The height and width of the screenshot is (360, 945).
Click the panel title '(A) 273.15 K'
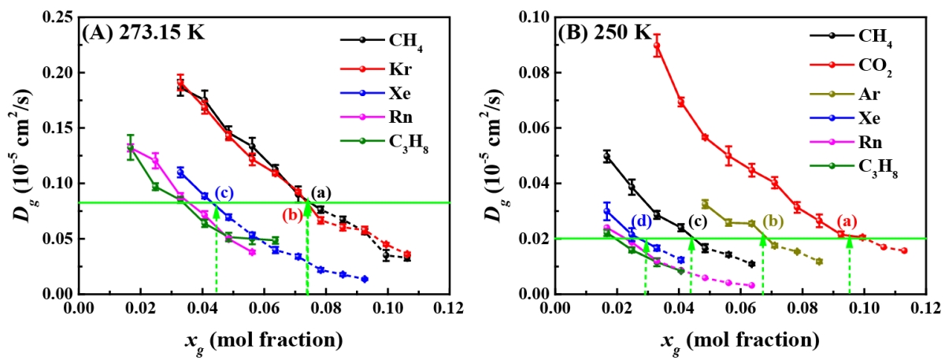click(x=138, y=33)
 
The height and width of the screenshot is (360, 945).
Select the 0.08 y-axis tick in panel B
click(x=535, y=72)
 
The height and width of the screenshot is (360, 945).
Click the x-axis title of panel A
click(x=264, y=340)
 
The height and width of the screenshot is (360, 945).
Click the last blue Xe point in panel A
click(x=365, y=279)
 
